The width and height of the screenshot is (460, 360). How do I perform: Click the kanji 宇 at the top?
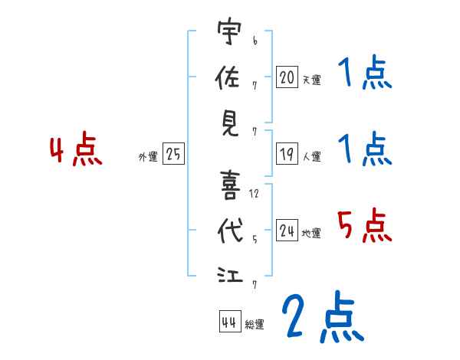coord(228,33)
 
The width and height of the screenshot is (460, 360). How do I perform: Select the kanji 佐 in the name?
coord(228,77)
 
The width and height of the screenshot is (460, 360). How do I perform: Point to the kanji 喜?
coord(228,184)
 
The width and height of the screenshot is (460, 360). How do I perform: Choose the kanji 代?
coord(228,230)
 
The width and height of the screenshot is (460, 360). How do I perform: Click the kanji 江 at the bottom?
coord(228,273)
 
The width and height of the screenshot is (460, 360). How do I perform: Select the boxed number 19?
coord(287,154)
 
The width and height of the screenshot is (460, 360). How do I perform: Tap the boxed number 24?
coord(287,231)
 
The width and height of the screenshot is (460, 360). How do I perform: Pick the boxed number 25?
coord(173,154)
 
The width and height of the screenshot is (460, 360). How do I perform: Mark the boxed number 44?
coord(228,322)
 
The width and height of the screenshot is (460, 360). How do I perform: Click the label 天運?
coord(311,80)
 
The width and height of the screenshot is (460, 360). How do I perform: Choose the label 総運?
coord(254,325)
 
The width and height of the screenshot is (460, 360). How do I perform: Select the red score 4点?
coord(76,151)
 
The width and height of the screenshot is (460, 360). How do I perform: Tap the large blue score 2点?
coord(321,316)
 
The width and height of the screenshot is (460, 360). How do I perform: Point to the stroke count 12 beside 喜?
coord(254,194)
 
